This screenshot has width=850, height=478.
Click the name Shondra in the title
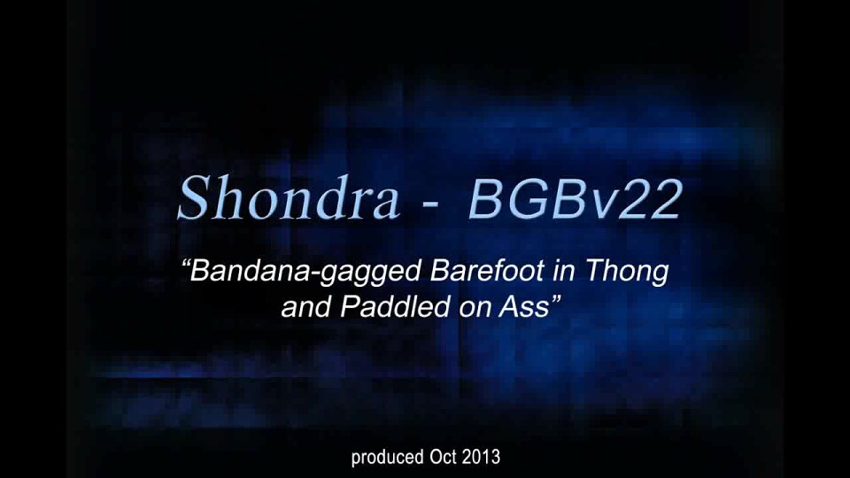tap(289, 197)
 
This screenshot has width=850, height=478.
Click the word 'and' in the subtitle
tap(305, 307)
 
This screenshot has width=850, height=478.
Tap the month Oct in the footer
tap(444, 457)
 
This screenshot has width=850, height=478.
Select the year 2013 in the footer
tap(482, 457)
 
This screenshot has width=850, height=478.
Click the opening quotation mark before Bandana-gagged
tap(185, 264)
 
